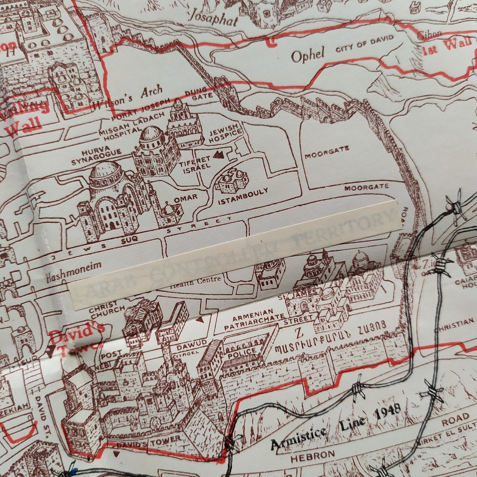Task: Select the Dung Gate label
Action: (197, 94)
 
